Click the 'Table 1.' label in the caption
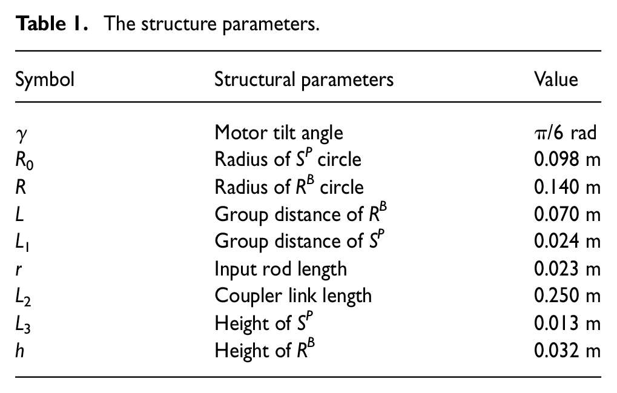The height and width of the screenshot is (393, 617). (51, 24)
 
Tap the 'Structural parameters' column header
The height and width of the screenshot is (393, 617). (304, 80)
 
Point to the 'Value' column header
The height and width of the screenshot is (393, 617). (556, 79)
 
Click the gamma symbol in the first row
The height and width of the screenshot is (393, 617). (22, 135)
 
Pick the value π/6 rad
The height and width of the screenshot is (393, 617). (566, 133)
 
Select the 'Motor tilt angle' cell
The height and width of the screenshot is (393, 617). (279, 133)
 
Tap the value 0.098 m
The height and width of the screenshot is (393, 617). (567, 159)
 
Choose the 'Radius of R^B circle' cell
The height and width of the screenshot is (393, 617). (289, 186)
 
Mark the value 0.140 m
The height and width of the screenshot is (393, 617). (567, 187)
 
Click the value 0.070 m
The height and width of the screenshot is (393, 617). (567, 214)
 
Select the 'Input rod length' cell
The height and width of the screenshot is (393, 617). (280, 269)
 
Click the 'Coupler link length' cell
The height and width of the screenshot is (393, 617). (293, 296)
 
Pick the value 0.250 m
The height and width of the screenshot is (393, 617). (567, 296)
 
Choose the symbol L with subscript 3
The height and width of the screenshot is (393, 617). (23, 325)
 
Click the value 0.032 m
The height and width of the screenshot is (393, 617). (567, 350)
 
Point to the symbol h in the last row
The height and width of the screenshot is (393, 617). (19, 350)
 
